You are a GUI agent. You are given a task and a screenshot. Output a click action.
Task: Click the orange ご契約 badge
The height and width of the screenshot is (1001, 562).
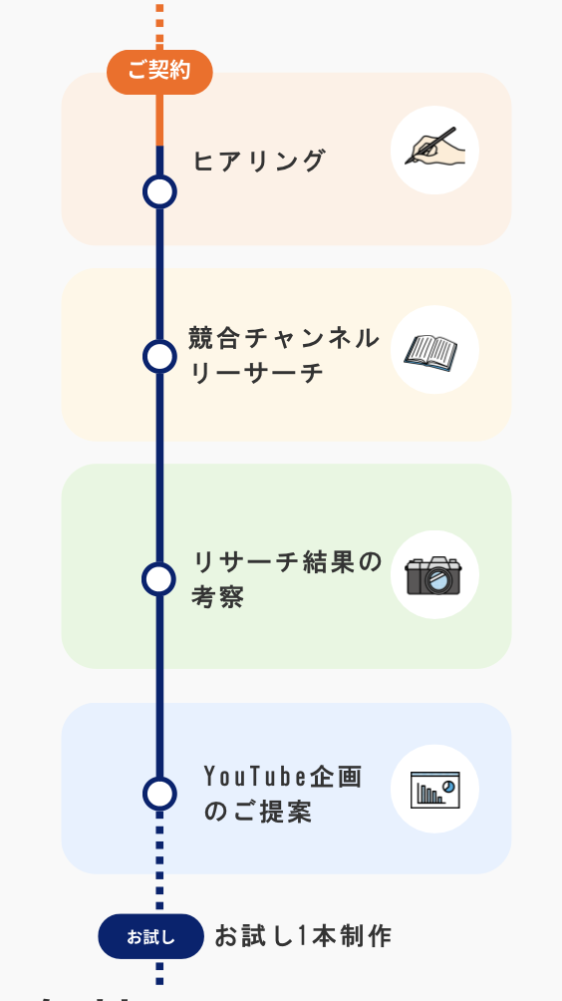pyautogui.click(x=159, y=72)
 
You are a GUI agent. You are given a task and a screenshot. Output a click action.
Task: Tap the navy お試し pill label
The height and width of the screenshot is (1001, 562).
pyautogui.click(x=150, y=936)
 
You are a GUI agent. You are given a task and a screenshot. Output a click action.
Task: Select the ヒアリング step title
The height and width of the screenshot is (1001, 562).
pyautogui.click(x=260, y=161)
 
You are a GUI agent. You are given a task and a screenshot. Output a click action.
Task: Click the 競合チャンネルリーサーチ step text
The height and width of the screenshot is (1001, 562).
pyautogui.click(x=284, y=355)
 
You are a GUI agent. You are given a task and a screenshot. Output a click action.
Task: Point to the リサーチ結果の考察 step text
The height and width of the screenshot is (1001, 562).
pyautogui.click(x=287, y=579)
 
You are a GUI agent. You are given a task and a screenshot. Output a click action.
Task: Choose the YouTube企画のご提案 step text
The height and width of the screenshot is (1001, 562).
pyautogui.click(x=283, y=795)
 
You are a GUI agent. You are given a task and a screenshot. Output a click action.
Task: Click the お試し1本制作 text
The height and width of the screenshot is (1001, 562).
pyautogui.click(x=303, y=936)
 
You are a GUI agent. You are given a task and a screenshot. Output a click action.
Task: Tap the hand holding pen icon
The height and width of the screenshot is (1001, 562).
pyautogui.click(x=435, y=146)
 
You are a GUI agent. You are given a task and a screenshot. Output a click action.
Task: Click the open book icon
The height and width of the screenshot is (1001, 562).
pyautogui.click(x=431, y=352)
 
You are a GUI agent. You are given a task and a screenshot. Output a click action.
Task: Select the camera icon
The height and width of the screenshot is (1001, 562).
pyautogui.click(x=433, y=575)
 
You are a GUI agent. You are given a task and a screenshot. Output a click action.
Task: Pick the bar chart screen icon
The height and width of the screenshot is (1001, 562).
pyautogui.click(x=435, y=790)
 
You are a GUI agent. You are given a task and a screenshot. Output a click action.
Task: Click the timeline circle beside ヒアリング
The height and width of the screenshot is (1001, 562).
pyautogui.click(x=159, y=191)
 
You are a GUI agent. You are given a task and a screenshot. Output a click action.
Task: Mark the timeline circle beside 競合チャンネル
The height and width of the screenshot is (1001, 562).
pyautogui.click(x=159, y=356)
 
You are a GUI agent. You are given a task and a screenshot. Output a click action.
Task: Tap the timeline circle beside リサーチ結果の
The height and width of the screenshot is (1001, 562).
pyautogui.click(x=158, y=579)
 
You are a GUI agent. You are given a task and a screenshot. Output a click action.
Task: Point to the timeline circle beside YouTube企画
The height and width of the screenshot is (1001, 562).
pyautogui.click(x=159, y=794)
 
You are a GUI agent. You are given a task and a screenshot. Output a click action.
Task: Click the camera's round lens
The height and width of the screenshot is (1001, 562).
pyautogui.click(x=438, y=580)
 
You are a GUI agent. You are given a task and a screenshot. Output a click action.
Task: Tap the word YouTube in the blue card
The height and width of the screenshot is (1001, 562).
pyautogui.click(x=256, y=777)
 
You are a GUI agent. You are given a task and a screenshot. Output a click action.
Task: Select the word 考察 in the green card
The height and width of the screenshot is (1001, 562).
pyautogui.click(x=217, y=597)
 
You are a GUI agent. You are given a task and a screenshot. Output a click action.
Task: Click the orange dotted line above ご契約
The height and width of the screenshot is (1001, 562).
pyautogui.click(x=159, y=27)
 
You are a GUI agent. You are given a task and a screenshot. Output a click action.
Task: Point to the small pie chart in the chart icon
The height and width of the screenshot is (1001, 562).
pyautogui.click(x=449, y=786)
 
